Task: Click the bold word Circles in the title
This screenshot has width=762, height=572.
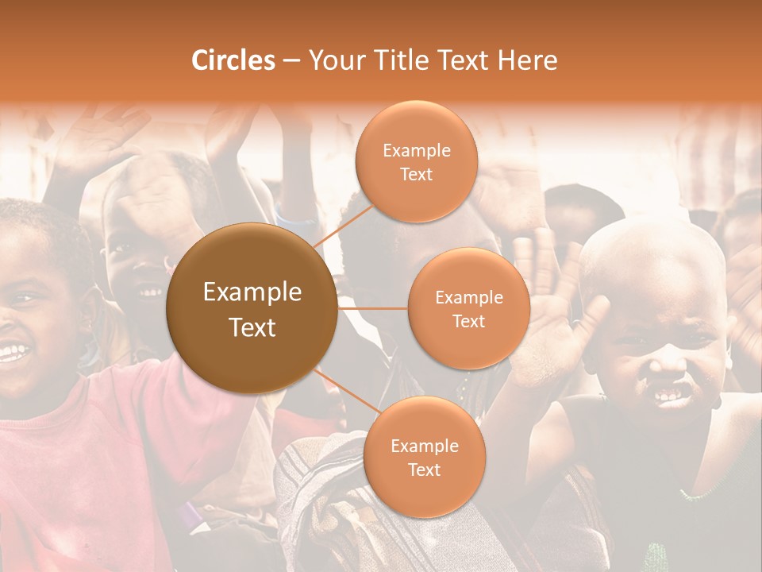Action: [x=233, y=60]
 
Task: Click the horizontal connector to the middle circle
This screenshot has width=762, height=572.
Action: [x=373, y=308]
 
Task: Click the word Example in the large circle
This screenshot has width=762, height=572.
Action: [x=252, y=292]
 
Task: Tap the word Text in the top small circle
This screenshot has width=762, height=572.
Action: [x=416, y=174]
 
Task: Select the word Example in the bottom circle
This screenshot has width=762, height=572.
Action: [x=424, y=446]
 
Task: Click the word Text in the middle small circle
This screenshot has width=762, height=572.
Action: [x=468, y=321]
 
